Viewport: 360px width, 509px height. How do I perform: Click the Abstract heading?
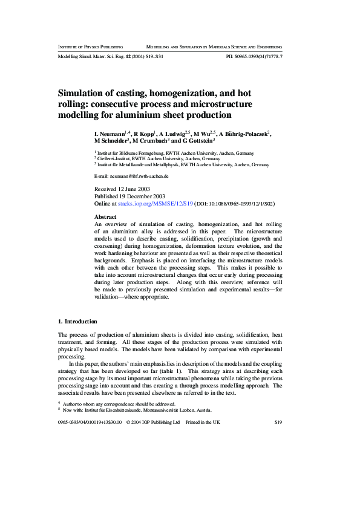pos(106,216)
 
